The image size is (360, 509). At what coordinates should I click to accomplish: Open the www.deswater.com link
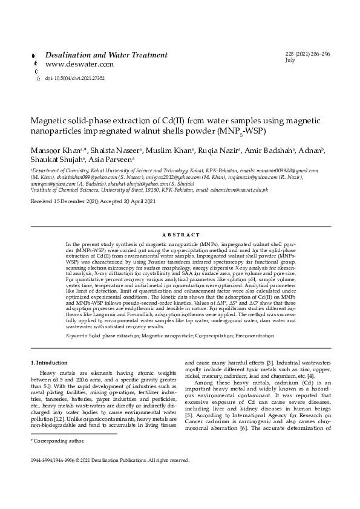(79, 64)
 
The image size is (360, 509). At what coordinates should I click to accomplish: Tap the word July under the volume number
(290, 60)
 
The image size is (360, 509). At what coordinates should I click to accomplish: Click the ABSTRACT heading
(180, 234)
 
